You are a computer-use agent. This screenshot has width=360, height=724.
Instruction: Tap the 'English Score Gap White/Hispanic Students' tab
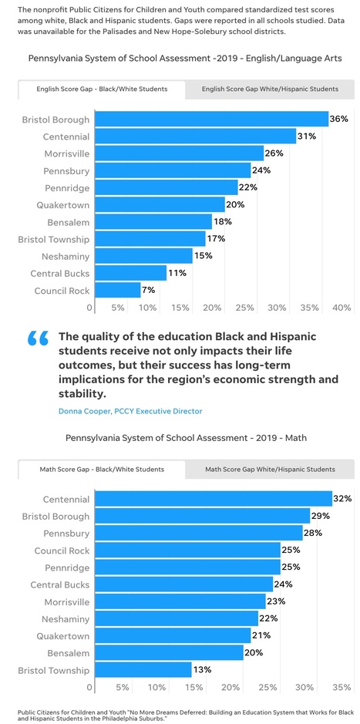click(x=270, y=89)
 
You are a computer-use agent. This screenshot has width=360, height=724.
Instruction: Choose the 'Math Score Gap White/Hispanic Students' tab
click(x=270, y=469)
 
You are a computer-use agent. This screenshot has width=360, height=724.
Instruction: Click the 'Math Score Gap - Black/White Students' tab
click(x=102, y=469)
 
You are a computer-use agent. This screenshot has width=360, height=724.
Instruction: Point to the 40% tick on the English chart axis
click(x=341, y=308)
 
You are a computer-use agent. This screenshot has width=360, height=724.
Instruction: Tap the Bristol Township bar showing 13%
click(x=143, y=670)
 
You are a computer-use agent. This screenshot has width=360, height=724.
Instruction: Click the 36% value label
click(x=338, y=120)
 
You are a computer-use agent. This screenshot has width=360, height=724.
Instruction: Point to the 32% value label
click(x=341, y=500)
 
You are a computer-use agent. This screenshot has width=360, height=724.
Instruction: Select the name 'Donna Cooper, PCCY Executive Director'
click(x=130, y=411)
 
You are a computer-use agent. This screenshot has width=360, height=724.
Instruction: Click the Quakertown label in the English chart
click(x=62, y=205)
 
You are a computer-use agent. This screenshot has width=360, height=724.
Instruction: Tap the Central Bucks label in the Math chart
click(x=59, y=584)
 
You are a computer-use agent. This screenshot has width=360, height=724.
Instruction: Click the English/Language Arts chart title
click(x=185, y=58)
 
